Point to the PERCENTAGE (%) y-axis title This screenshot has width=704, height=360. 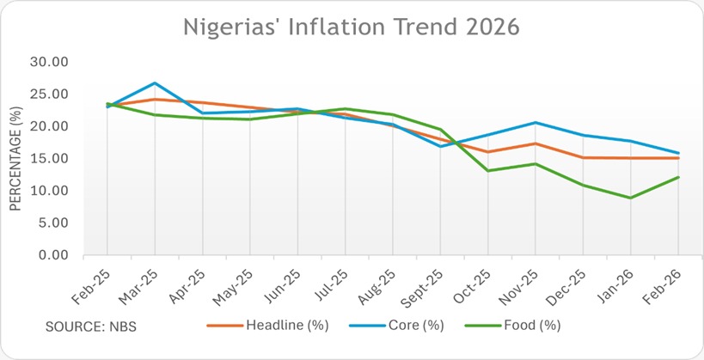tap(15, 158)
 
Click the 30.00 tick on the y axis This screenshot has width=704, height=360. tap(51, 62)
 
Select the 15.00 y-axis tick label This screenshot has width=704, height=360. tap(51, 159)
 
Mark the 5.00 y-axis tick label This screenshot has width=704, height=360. tap(54, 223)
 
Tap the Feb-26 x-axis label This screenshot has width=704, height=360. tap(664, 283)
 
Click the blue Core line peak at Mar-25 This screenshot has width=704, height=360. tap(155, 83)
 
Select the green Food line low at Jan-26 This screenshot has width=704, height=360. tap(631, 198)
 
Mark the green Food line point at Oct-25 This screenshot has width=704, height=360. tap(488, 170)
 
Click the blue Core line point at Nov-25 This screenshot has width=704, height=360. tap(536, 123)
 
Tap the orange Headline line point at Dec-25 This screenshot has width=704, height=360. tap(583, 157)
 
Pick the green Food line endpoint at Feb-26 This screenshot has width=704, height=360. tap(678, 177)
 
